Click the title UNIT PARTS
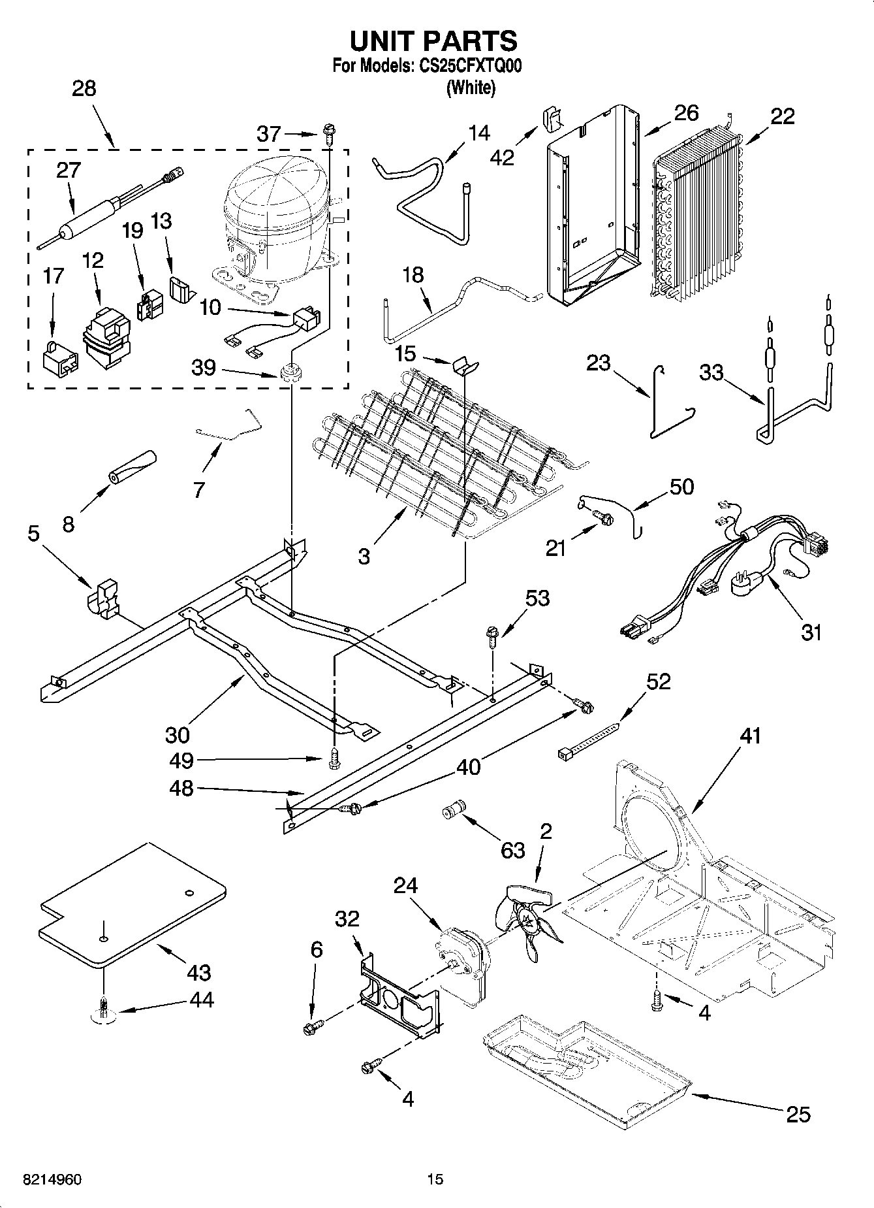pyautogui.click(x=433, y=41)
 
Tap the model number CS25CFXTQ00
pyautogui.click(x=467, y=67)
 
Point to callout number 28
pyautogui.click(x=84, y=89)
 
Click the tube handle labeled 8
pyautogui.click(x=133, y=467)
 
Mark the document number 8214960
pyautogui.click(x=52, y=1179)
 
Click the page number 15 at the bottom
pyautogui.click(x=435, y=1179)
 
